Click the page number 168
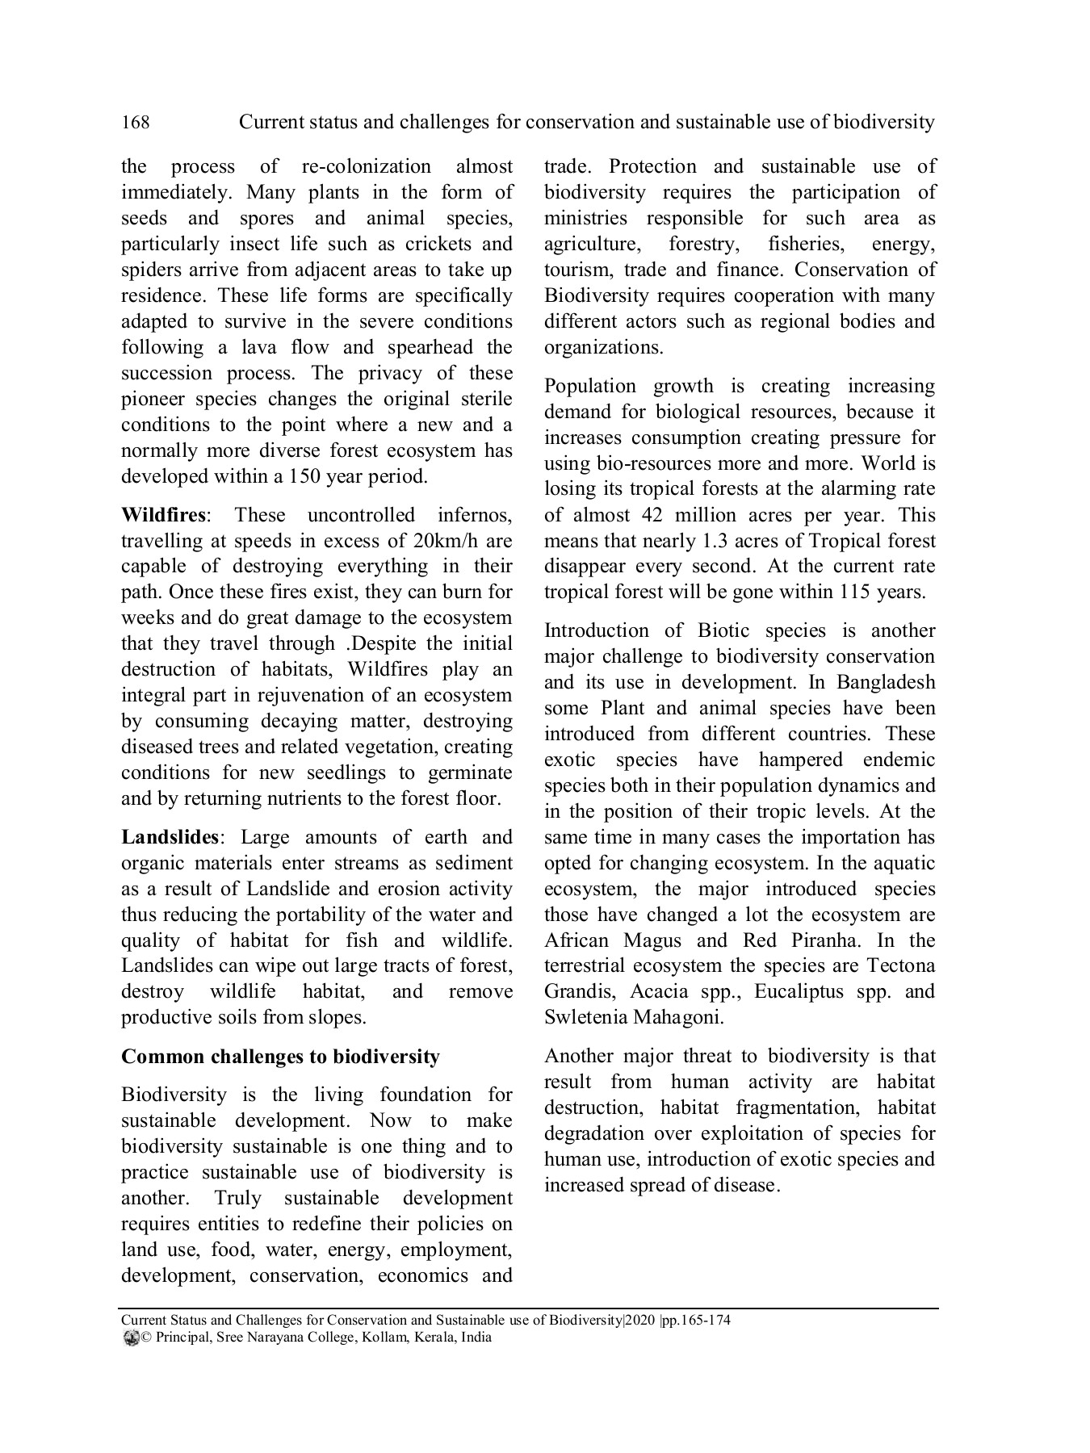(135, 122)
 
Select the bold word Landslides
(170, 837)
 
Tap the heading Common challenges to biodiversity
(280, 1057)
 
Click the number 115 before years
(856, 593)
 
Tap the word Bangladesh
(886, 682)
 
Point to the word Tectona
(900, 966)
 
